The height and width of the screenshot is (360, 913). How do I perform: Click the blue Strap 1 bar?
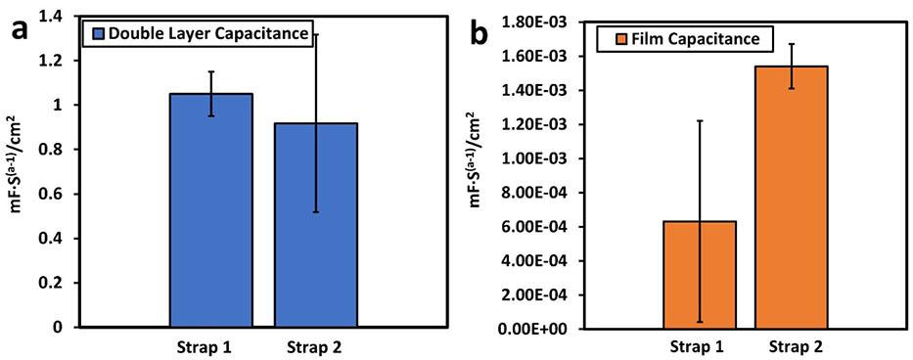point(210,209)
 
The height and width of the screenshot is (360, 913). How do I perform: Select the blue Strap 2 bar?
point(316,225)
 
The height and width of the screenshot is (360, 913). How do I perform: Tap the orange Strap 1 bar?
point(700,275)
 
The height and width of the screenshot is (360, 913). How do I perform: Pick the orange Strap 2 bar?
point(791,198)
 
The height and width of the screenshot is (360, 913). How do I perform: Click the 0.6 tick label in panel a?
point(52,194)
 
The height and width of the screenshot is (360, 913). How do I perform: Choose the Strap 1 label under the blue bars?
point(205,347)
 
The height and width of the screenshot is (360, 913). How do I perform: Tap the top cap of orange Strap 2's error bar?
point(791,44)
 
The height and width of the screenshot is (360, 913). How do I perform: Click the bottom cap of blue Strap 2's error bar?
point(316,212)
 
